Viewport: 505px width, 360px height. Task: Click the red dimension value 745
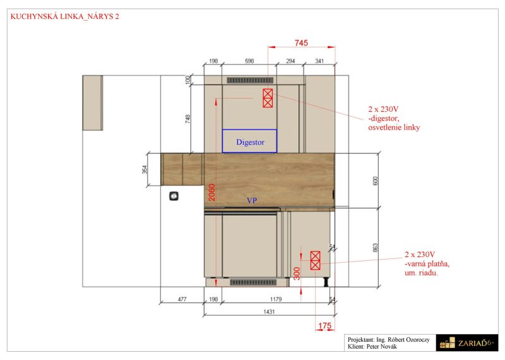301,42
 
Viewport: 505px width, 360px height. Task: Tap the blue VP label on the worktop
252,200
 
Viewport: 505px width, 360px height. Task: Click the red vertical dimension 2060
211,193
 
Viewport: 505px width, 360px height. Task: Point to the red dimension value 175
324,326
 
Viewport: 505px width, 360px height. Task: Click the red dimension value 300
297,273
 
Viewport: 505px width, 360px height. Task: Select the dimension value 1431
269,311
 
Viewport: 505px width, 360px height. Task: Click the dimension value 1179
276,299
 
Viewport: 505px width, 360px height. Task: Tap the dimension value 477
182,299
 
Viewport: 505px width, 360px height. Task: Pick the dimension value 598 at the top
249,61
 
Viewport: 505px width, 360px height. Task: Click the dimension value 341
319,61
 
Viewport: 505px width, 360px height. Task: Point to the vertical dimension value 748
187,119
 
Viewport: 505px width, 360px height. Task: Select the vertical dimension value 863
375,248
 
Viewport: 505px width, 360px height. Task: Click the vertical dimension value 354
145,169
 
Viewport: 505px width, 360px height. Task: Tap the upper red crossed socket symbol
268,98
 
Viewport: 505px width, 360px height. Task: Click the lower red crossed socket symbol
315,260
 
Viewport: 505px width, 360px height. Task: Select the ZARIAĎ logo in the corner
466,343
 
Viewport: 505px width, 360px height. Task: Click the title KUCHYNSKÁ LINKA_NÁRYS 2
65,16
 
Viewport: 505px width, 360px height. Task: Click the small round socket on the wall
174,196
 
